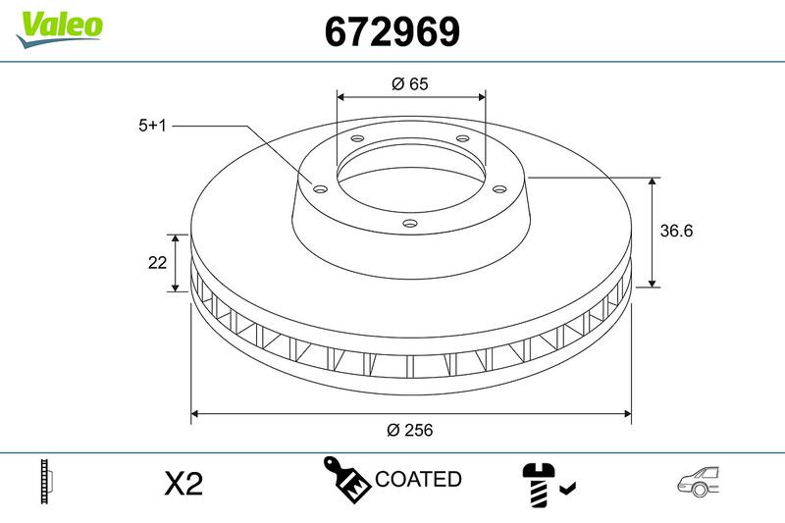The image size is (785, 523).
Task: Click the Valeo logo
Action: click(x=59, y=26)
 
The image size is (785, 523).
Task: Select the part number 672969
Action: click(x=392, y=32)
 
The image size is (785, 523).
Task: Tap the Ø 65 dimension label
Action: click(x=409, y=84)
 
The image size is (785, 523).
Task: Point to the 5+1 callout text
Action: click(x=154, y=126)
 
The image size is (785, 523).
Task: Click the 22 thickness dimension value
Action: click(x=156, y=263)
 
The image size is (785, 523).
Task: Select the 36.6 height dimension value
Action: click(x=678, y=232)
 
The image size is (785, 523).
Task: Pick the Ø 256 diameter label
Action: click(x=410, y=430)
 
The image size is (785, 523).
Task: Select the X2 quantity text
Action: click(x=183, y=483)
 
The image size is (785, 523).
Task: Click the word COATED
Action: click(x=418, y=479)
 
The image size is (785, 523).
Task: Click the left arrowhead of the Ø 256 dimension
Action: click(x=195, y=413)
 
